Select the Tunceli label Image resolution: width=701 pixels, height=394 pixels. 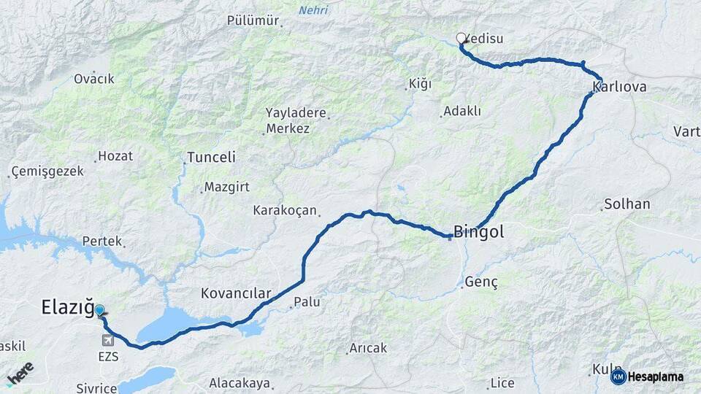(211, 157)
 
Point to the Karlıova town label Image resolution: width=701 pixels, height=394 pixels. (619, 88)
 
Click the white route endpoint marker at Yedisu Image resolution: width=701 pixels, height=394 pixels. (461, 38)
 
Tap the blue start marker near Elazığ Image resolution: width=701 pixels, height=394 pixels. (99, 310)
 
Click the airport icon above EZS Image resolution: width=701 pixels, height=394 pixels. (109, 340)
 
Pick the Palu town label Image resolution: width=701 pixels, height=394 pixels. (307, 301)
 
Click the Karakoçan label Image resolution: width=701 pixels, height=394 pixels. (285, 210)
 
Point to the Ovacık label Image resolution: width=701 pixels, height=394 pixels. (93, 78)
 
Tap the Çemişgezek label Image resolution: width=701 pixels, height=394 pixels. (47, 171)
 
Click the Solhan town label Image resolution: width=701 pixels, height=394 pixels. (627, 204)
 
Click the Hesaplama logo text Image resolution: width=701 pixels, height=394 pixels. (655, 377)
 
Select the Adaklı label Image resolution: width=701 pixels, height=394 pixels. (462, 111)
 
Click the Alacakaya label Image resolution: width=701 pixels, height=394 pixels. (239, 383)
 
